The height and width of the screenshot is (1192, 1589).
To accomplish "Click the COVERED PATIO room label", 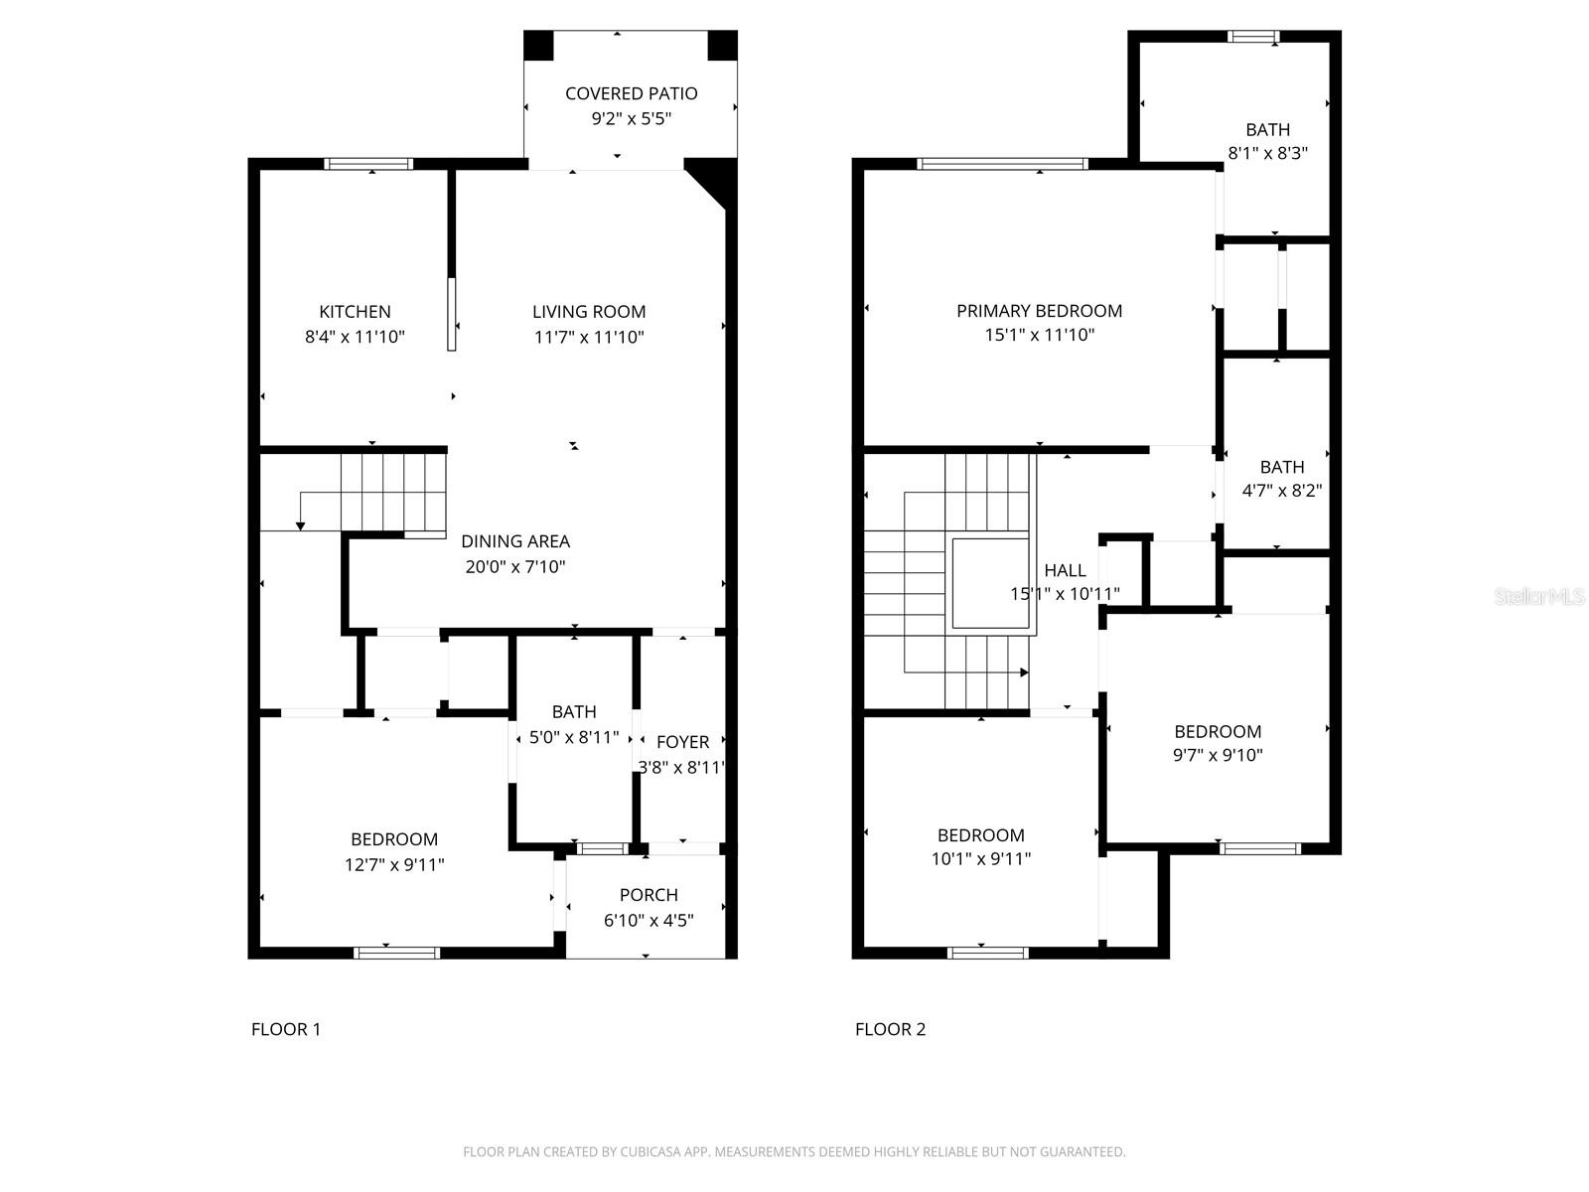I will click(x=631, y=93).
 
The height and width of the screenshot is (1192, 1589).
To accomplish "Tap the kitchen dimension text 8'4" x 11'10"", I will click(x=355, y=337).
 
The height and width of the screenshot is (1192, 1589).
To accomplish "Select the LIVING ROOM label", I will click(x=589, y=312).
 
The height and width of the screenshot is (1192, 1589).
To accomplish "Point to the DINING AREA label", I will click(x=515, y=541).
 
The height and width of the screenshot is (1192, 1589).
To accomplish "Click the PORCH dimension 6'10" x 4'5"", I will click(x=649, y=920).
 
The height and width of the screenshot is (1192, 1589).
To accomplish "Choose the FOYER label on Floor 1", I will click(x=682, y=742).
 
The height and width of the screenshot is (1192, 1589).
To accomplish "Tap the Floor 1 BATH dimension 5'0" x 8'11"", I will click(x=573, y=737).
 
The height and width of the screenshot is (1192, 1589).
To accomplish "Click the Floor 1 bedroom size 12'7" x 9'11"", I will click(x=394, y=864).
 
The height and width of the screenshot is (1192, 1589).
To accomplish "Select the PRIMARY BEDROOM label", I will click(x=1039, y=311).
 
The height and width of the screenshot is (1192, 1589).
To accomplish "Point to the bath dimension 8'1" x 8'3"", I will click(x=1267, y=153).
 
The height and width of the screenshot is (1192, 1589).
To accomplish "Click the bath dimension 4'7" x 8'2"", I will click(x=1281, y=491).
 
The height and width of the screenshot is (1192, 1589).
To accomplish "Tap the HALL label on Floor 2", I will click(x=1065, y=570).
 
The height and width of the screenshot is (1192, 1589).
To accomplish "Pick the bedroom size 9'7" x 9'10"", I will click(x=1218, y=755).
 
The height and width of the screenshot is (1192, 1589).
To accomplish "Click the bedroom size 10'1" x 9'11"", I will click(x=980, y=859).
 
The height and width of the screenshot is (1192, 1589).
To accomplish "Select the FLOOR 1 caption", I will click(x=286, y=1029).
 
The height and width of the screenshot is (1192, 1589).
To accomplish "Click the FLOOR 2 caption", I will click(x=890, y=1029).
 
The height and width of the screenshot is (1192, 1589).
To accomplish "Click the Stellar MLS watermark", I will click(x=1538, y=597).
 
